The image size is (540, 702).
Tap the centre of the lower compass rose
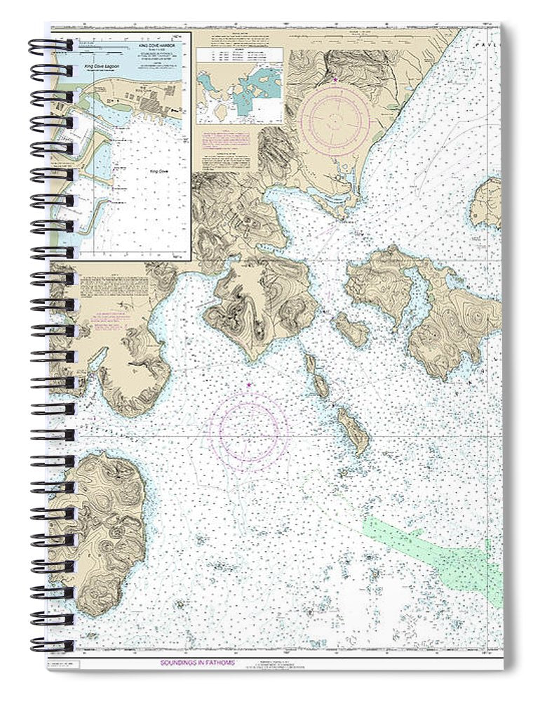pos(249,430)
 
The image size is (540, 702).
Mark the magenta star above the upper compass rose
pos(335,79)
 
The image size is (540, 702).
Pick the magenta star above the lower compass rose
pos(249,384)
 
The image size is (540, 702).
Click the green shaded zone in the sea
pos(435,548)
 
